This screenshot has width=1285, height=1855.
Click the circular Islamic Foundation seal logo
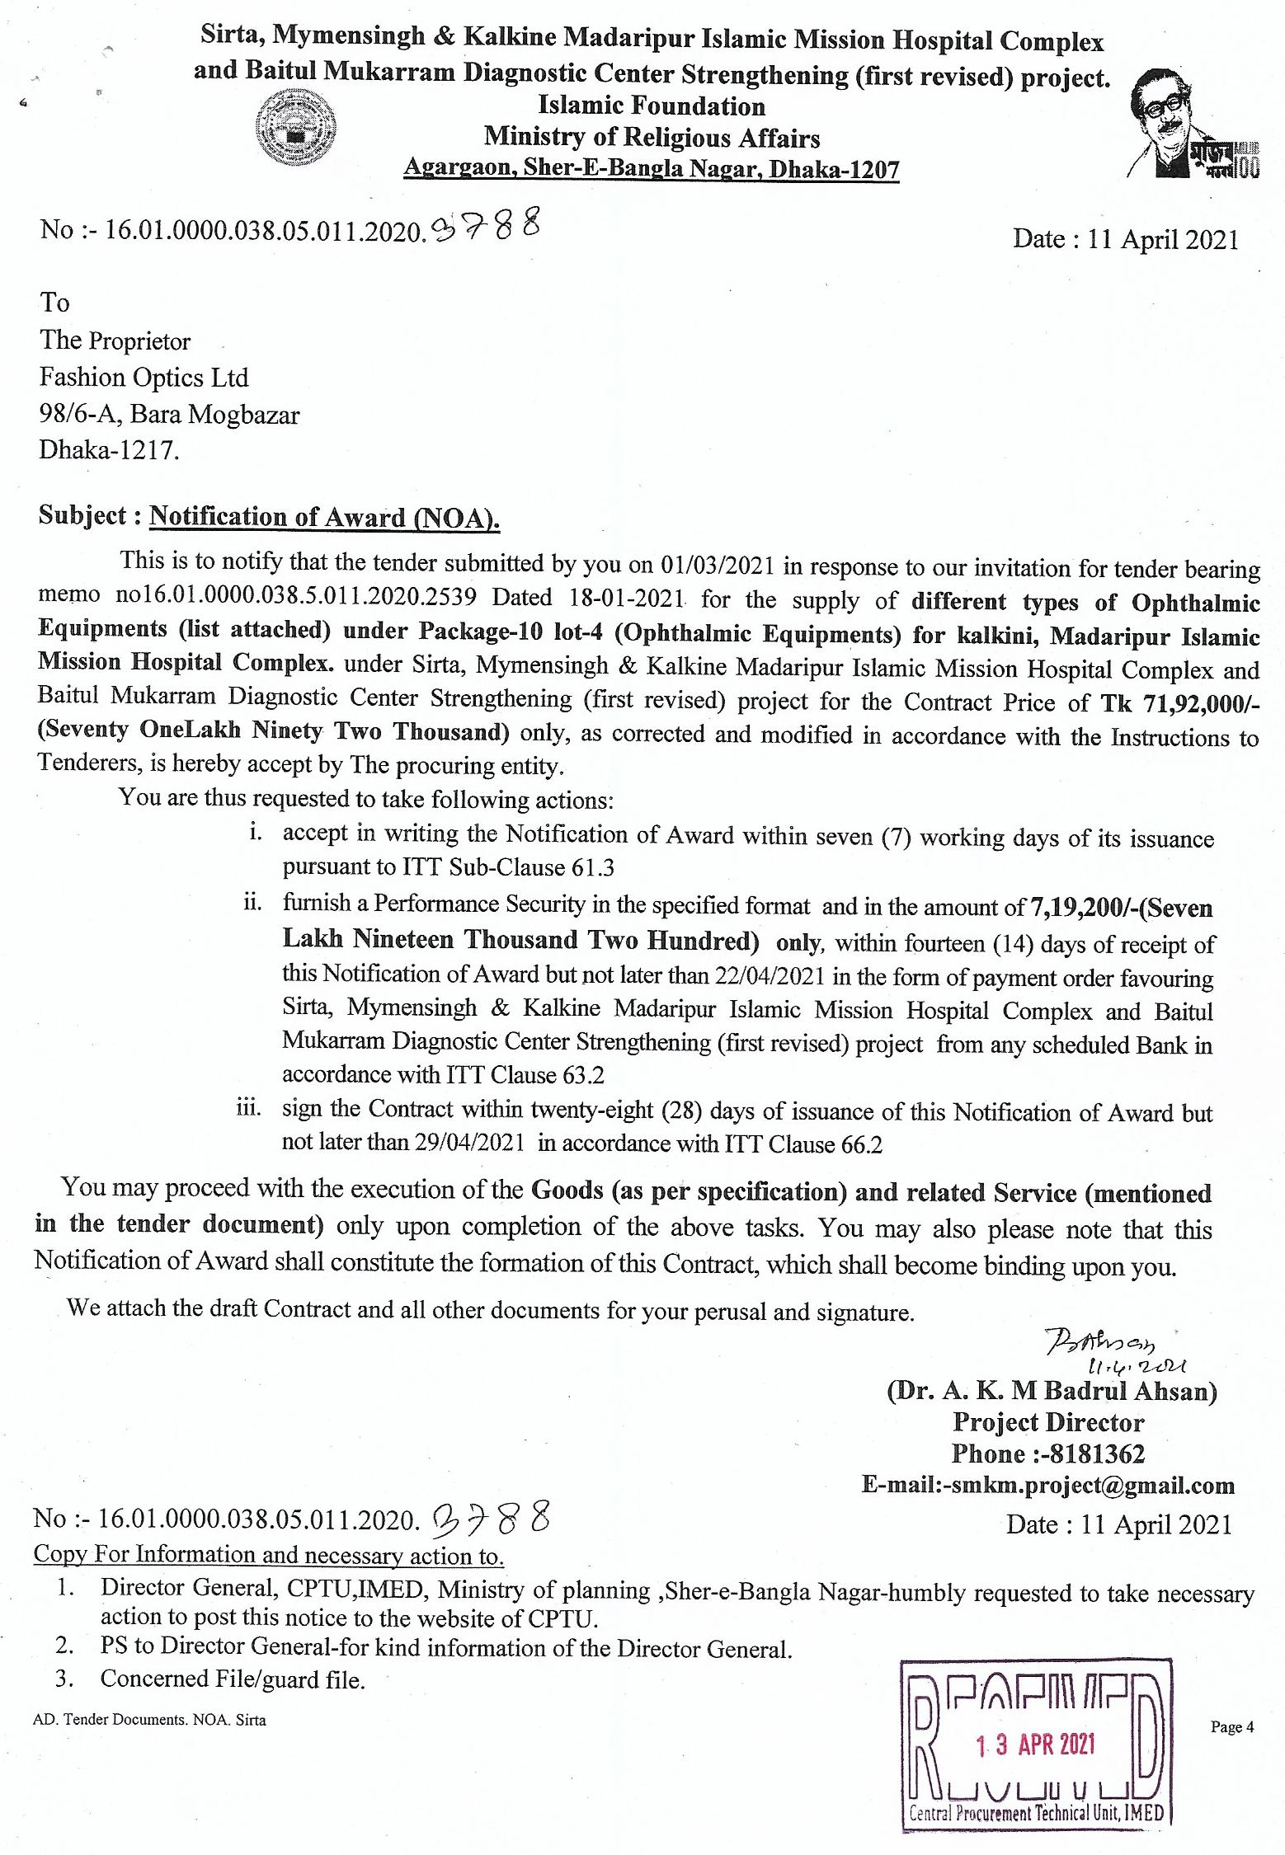(x=296, y=129)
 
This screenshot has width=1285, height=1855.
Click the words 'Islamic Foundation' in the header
(x=652, y=106)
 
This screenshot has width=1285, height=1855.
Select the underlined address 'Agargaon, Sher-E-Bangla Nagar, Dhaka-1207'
(x=651, y=169)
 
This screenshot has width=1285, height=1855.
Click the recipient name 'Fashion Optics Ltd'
(x=144, y=378)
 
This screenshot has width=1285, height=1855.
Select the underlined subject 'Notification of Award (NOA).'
(x=325, y=517)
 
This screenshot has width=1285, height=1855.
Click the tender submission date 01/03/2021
(x=718, y=566)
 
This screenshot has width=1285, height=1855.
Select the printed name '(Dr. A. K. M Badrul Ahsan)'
(x=1052, y=1392)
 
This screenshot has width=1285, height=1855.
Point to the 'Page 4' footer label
(x=1231, y=1727)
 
